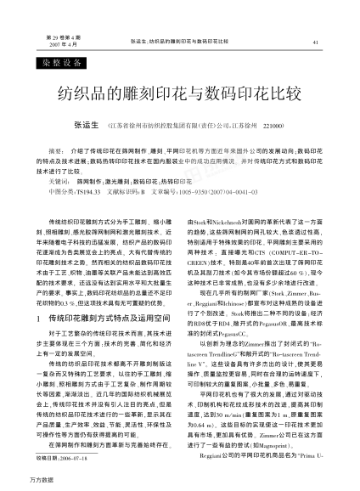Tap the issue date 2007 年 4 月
pyautogui.click(x=45, y=45)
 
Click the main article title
pyautogui.click(x=179, y=91)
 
